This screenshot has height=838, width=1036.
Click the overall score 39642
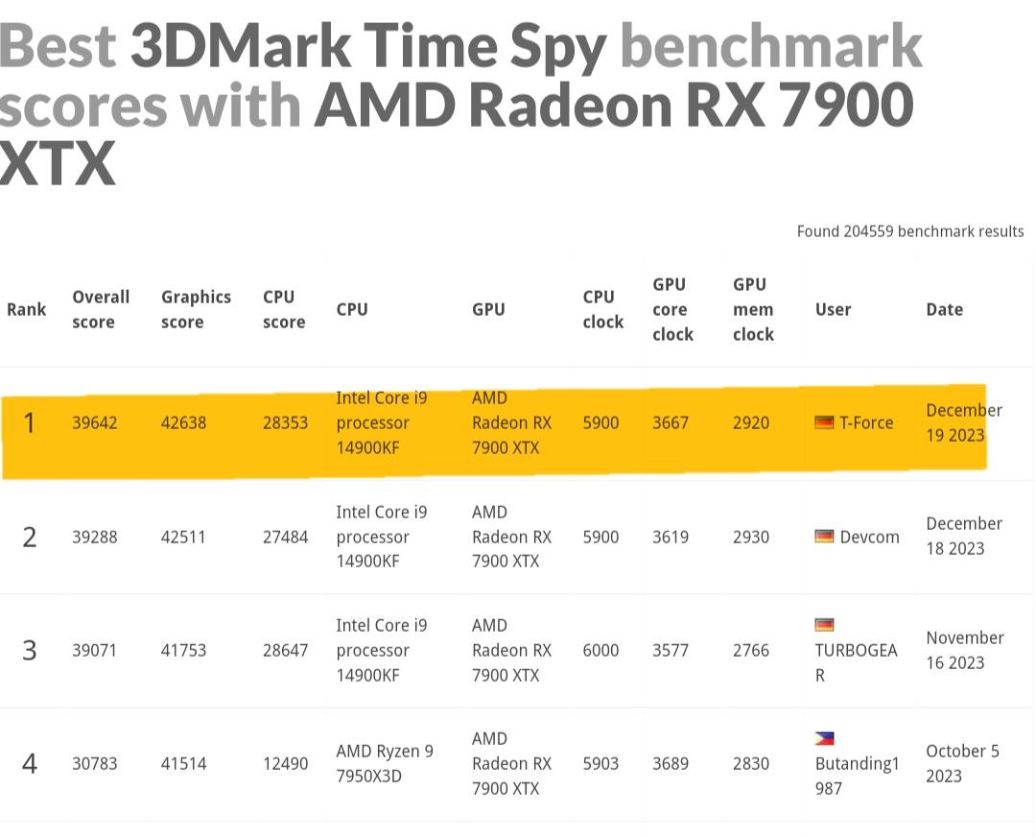[x=94, y=422]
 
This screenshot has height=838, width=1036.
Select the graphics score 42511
[x=183, y=537]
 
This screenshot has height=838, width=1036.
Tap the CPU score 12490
[x=285, y=763]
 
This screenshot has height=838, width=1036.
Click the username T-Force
[x=865, y=422]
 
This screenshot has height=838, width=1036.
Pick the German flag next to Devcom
[x=824, y=536]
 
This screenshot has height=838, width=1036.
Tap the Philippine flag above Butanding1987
[x=824, y=738]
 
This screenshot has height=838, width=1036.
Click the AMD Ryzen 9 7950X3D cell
[x=385, y=763]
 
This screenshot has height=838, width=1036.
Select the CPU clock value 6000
[x=600, y=650]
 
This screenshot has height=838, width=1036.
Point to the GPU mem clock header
[x=753, y=309]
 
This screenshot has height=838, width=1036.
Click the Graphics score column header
[x=196, y=309]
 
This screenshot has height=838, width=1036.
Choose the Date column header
[x=944, y=309]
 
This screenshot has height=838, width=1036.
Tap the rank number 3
[x=30, y=650]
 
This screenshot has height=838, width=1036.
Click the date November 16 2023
[x=964, y=650]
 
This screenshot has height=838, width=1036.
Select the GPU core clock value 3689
[x=671, y=763]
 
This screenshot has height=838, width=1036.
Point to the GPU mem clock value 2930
[x=751, y=537]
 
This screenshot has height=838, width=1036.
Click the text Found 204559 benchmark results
[x=909, y=231]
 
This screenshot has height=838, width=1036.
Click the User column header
[x=833, y=309]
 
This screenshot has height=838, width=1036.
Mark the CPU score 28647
[x=285, y=650]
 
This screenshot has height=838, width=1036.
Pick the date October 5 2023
[x=962, y=763]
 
